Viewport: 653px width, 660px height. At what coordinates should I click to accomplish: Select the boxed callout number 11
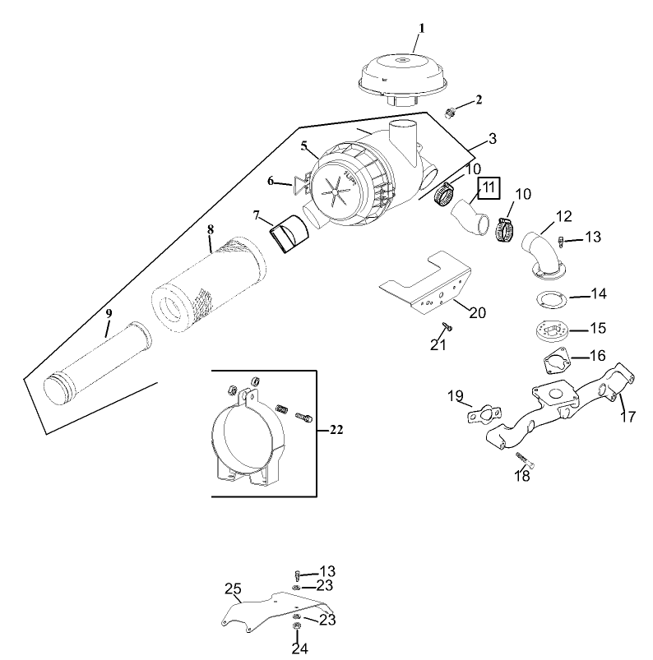point(489,187)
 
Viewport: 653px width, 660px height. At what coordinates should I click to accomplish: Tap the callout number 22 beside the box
point(336,429)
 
